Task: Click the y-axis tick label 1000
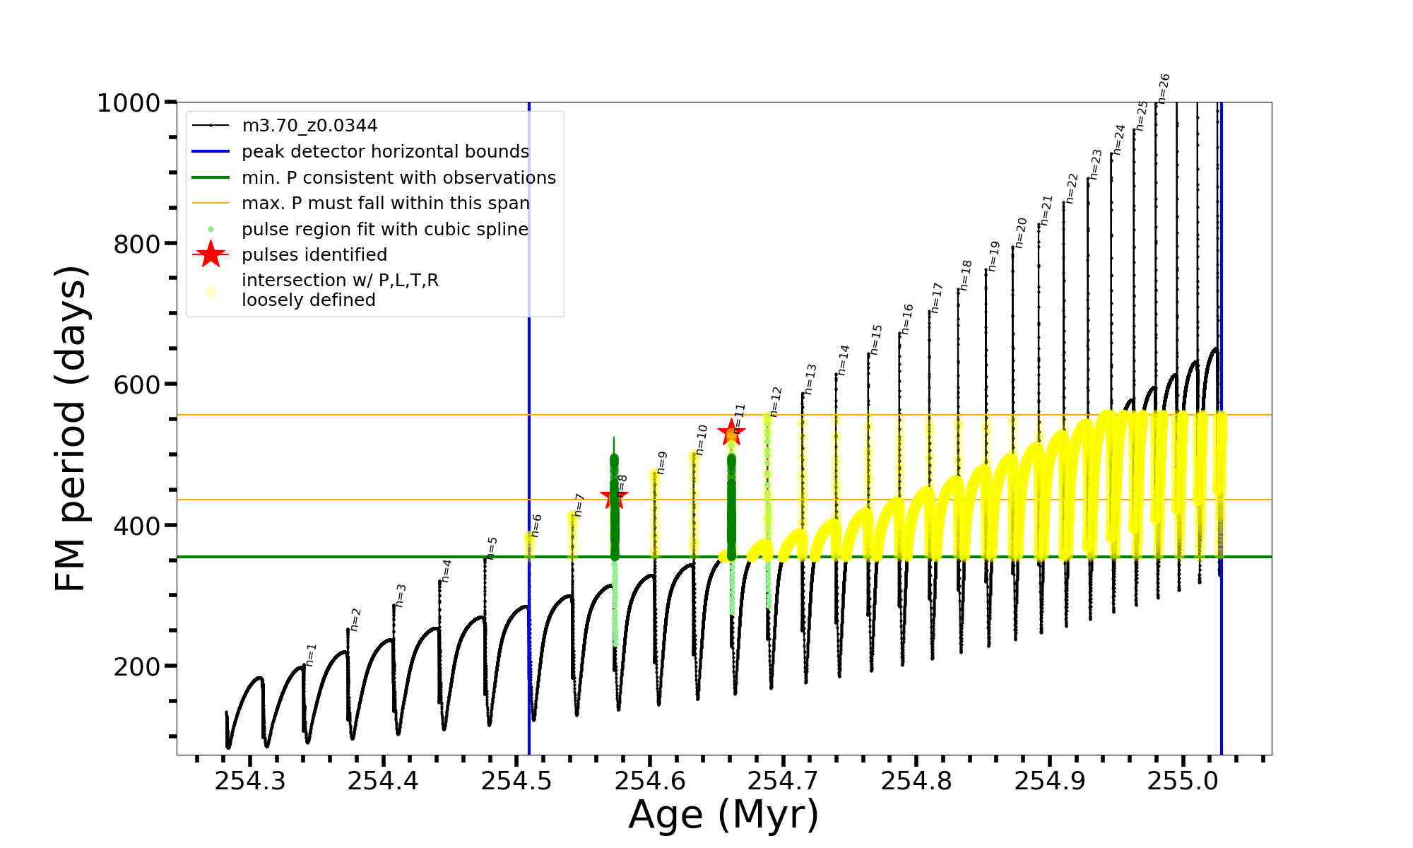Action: [x=129, y=103]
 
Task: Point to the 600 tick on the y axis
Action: [x=137, y=385]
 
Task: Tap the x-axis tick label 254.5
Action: [x=516, y=781]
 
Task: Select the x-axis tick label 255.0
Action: [x=1183, y=781]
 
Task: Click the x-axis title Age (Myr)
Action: [x=723, y=815]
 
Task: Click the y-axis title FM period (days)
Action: [x=71, y=428]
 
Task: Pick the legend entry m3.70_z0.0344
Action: [x=309, y=126]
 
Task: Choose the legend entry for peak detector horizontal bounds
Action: [x=385, y=152]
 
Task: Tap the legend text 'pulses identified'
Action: [x=314, y=255]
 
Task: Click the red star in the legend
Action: [x=211, y=254]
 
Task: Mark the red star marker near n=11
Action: [x=731, y=432]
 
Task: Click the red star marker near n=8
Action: [x=613, y=497]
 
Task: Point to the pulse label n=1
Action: [x=312, y=655]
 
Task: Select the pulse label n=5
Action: [x=492, y=548]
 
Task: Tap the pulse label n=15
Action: [x=877, y=339]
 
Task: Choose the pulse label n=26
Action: [x=1164, y=88]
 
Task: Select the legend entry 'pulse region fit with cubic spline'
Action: [x=385, y=230]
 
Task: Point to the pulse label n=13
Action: [x=810, y=379]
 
